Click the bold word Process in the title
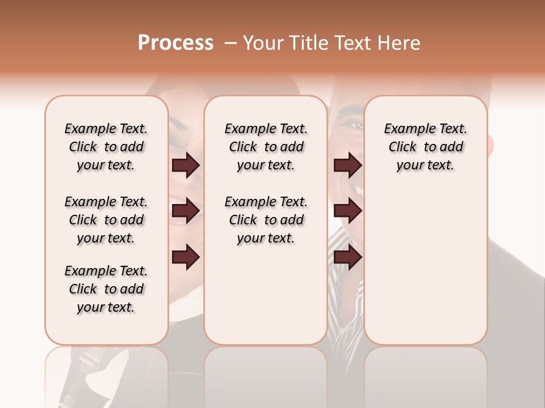pos(175,43)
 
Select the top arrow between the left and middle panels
pos(186,165)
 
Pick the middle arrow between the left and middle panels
pos(186,211)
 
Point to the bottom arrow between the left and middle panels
pos(186,257)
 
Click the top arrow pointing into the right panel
pos(347,165)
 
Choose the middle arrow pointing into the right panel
pos(347,211)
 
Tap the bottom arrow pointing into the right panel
pos(347,257)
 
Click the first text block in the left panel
pos(106,147)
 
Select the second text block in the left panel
pos(106,220)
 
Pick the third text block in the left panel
pos(106,289)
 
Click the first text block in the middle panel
pos(266,147)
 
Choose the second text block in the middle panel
pos(266,220)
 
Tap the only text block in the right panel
pos(425,147)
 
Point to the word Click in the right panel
pos(403,147)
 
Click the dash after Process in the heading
pos(230,43)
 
